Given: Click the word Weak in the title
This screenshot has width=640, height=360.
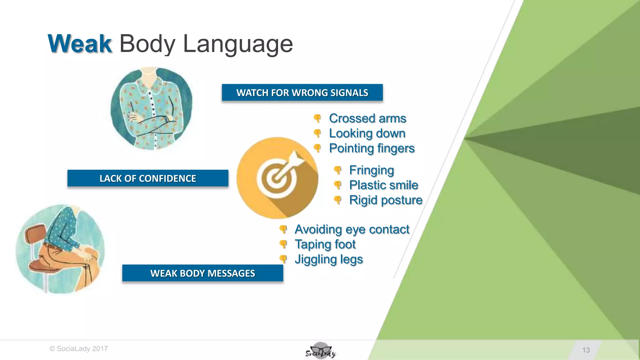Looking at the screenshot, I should click(x=80, y=44).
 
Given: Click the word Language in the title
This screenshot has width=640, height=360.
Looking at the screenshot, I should click(x=238, y=44).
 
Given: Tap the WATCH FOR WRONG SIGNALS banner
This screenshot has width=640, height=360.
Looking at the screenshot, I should click(x=302, y=92).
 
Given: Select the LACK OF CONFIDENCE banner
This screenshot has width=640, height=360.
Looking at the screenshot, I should click(x=148, y=178).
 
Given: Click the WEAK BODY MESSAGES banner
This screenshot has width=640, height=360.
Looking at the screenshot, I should click(x=202, y=273).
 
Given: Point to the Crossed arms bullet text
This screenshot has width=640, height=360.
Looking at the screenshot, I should click(x=367, y=118).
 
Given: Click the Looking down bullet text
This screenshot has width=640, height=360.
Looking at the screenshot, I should click(x=367, y=133).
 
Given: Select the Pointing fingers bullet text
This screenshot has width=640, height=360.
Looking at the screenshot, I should click(x=372, y=148).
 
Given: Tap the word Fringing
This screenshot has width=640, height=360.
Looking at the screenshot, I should click(x=372, y=170).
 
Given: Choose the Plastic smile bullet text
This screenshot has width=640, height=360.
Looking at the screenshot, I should click(x=384, y=185).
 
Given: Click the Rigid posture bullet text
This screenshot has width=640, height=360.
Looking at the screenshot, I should click(x=386, y=200).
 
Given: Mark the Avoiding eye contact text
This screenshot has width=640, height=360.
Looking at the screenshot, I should click(x=352, y=229).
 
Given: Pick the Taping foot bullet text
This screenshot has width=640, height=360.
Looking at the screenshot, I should click(x=325, y=244).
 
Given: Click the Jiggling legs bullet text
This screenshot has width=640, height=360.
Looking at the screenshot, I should click(x=329, y=259).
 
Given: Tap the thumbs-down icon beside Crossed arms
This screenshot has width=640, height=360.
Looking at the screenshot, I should click(x=317, y=118).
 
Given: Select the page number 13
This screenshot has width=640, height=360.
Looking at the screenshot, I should click(x=586, y=350).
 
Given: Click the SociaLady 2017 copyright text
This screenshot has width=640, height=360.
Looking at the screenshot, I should click(x=79, y=349).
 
